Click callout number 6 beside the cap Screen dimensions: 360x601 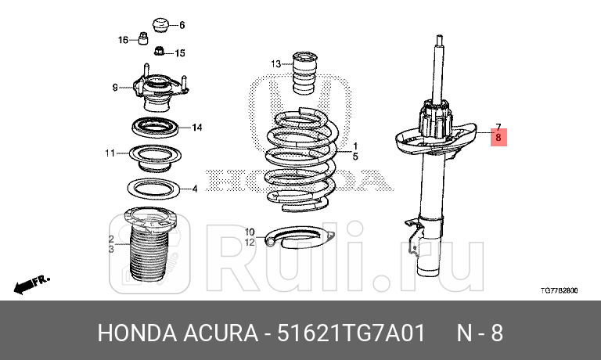click(182, 25)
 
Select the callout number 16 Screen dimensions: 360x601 click(124, 39)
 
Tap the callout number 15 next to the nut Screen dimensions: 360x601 click(179, 53)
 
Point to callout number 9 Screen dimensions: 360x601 click(114, 86)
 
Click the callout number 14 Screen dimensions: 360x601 click(197, 127)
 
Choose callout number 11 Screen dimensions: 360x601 click(110, 153)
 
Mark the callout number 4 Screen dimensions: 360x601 click(195, 188)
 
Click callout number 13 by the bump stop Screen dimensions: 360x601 click(275, 63)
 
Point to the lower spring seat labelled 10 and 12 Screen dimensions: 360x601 click(297, 237)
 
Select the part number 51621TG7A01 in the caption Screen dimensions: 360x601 click(351, 333)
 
